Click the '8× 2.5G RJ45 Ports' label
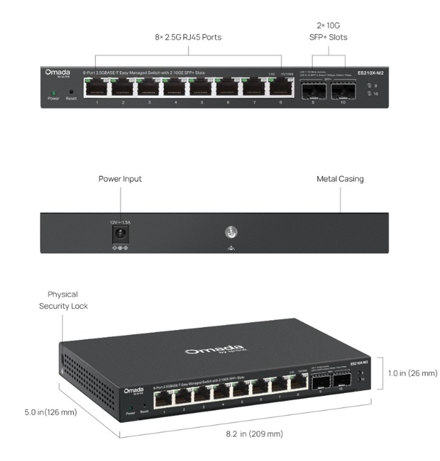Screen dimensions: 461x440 pos(188,38)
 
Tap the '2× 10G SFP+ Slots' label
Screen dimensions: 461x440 pos(328,31)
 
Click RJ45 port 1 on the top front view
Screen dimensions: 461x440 pos(97,86)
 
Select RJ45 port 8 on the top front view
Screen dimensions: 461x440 pos(280,86)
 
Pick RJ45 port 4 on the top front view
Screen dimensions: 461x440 pos(175,86)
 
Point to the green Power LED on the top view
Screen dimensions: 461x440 pos(54,92)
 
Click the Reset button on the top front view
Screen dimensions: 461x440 pos(71,92)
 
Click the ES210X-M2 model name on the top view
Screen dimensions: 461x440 pos(370,73)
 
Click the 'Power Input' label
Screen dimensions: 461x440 pos(120,179)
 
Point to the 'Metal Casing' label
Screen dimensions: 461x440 pos(340,179)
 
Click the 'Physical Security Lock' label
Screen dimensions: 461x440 pos(63,300)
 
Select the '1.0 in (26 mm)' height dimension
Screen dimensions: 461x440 pos(409,373)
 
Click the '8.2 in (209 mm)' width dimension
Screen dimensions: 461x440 pos(254,434)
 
